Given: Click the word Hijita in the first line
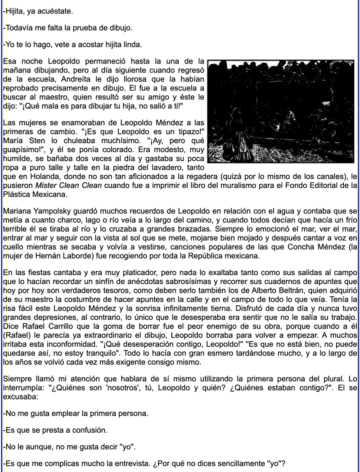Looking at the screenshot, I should point(14,10).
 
